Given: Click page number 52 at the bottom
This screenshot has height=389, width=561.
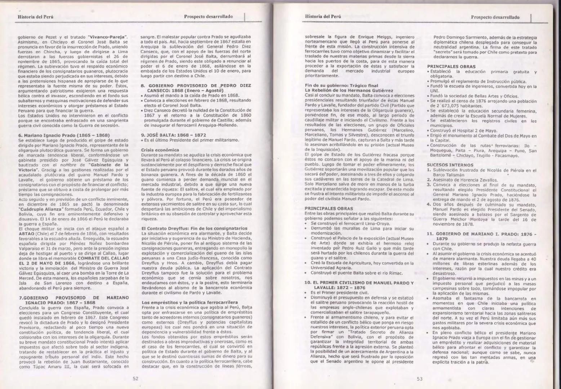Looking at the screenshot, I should (x=135, y=379).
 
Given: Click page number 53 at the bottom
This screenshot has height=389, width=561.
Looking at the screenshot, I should (x=419, y=379).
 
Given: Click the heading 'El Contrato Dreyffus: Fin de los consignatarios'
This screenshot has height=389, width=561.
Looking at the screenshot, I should (x=195, y=228).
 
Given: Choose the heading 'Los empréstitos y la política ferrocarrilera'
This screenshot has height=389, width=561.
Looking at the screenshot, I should (x=190, y=302).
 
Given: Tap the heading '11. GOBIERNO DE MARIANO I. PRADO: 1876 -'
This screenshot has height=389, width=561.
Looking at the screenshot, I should (x=481, y=234).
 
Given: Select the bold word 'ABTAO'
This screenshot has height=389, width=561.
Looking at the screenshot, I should (x=26, y=233).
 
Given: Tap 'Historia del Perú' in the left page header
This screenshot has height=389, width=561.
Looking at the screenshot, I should (x=36, y=17).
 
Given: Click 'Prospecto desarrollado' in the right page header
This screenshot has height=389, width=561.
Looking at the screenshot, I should (x=495, y=17).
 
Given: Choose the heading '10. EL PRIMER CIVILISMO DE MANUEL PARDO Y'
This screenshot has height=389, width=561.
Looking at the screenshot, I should (x=359, y=283).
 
